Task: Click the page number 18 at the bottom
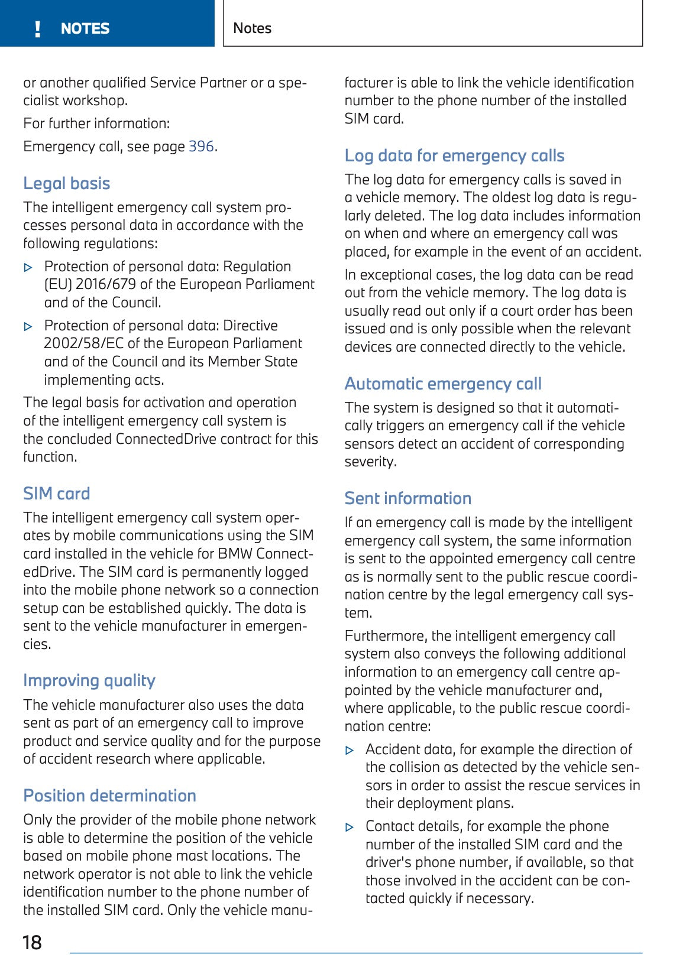coord(32,942)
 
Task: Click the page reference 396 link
coord(201,147)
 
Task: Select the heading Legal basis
coord(67,183)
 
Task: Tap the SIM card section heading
coord(57,494)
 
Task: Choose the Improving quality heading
coord(89,680)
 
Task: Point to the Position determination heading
coord(110,796)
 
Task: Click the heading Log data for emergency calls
coord(454,155)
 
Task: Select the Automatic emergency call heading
coord(443,384)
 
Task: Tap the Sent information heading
coord(408,498)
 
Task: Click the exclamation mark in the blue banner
coord(38,29)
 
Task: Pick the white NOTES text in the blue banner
coord(85,28)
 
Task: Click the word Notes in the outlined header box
coord(253,28)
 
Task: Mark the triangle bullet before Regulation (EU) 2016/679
coord(28,268)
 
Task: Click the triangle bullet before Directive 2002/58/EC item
coord(28,326)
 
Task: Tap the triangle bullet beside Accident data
coord(350,751)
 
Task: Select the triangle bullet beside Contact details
coord(350,827)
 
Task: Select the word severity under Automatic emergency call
coord(370,462)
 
